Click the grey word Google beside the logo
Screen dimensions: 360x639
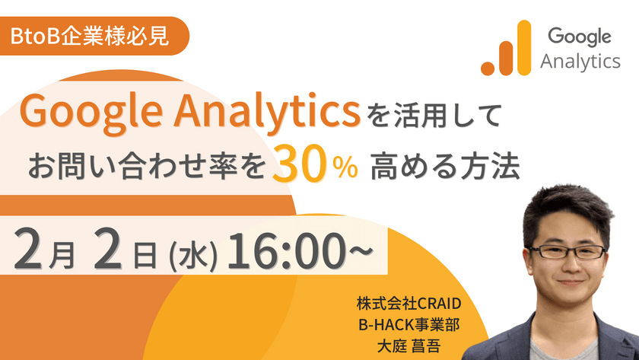tap(580, 36)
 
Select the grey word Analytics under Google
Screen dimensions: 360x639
tap(580, 61)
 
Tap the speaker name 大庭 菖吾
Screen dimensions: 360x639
tap(409, 344)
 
